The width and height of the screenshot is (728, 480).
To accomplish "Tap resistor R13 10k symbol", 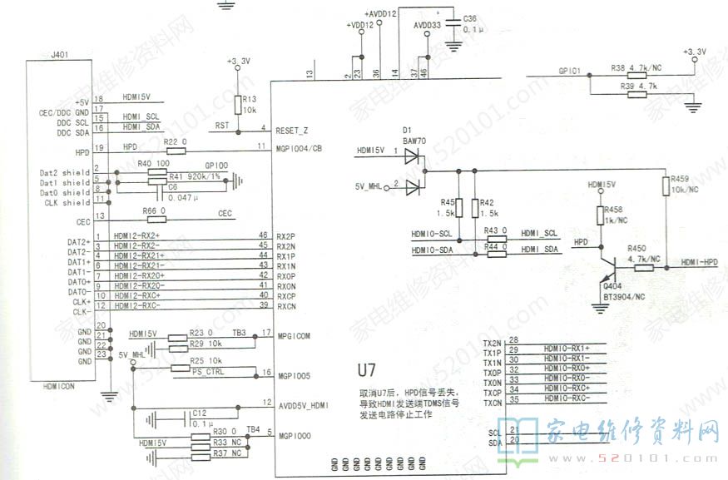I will tap(238, 105).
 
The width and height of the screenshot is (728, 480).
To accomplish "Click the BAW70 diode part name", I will tap(414, 142).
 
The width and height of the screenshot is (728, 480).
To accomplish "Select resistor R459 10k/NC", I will tap(666, 185).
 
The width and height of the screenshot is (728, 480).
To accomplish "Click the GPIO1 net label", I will tap(570, 72).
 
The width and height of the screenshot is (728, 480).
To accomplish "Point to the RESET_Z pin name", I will tap(292, 131).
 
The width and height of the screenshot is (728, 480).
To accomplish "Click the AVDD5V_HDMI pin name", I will tap(305, 405).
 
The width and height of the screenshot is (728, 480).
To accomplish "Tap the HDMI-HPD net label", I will tap(699, 262).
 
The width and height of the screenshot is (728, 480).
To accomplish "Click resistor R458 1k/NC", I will tap(600, 215).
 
